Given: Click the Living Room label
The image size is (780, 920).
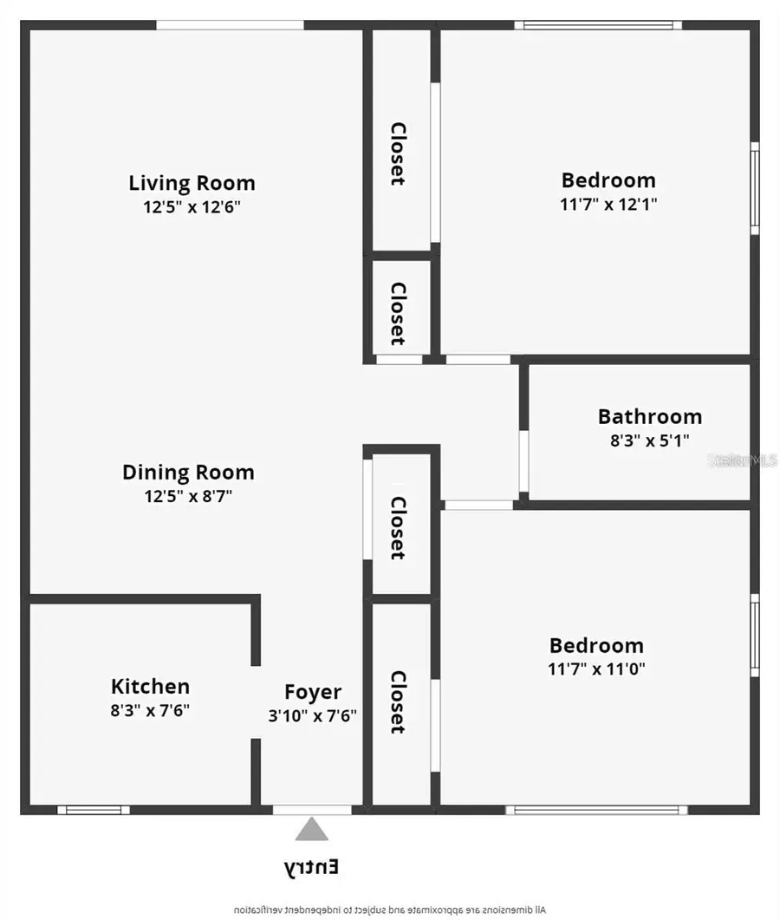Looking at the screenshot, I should tap(192, 183).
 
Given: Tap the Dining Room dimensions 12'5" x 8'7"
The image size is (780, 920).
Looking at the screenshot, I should tap(189, 496).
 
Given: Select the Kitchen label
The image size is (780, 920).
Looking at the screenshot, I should tap(150, 687).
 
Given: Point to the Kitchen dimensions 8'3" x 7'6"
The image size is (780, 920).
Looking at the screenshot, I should tap(150, 710).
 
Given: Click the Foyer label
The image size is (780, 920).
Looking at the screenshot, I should tap(313, 693).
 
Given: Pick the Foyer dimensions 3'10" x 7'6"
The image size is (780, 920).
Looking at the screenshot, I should tap(313, 716).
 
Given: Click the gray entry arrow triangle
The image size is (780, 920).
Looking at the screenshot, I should tap(312, 830).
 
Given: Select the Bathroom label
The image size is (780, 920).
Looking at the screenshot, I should tap(650, 416).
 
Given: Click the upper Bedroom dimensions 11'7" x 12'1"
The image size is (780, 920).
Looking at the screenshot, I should tap(608, 205).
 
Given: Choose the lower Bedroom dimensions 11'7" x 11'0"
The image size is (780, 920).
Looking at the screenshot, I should tap(596, 669).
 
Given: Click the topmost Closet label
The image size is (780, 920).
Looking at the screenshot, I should tap(398, 153).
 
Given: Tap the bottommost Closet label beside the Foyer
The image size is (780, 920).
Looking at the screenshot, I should tap(398, 701).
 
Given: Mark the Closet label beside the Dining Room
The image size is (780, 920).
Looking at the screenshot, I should tap(398, 527).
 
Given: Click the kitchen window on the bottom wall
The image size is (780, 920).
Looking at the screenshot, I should tap(94, 810).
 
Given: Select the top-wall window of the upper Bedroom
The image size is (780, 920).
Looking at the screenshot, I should tap(598, 25).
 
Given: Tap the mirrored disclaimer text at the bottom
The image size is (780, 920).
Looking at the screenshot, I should tap(390, 910).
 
